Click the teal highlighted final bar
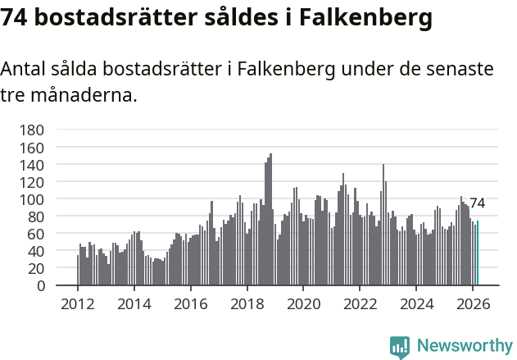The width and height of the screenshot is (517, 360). pos(478,253)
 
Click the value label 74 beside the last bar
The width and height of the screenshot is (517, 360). pos(477,203)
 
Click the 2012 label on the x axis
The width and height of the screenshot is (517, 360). pos(78,303)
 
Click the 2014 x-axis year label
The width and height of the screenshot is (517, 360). pos(134,303)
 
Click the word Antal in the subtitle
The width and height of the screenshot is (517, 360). pos(24,69)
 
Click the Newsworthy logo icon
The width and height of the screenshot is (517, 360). pos(400,347)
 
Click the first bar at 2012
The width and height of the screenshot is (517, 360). pos(78,271)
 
